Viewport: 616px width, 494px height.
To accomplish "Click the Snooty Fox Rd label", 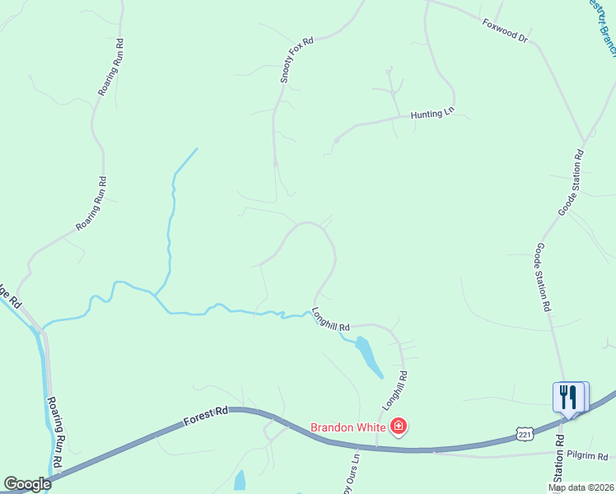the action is coord(296,59).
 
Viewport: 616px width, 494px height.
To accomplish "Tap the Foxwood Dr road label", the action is coord(504,30).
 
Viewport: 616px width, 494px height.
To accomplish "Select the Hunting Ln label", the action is coord(432,116).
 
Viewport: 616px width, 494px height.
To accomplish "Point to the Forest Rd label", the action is coord(205,416).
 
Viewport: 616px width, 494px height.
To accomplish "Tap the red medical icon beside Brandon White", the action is coord(399,426).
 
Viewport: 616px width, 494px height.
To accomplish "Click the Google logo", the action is coord(26,484).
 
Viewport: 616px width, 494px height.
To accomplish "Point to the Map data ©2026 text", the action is coord(581,487).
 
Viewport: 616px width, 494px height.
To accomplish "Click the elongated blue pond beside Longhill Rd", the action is coord(367,356).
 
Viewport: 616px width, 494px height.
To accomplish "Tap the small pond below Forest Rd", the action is coord(240,479).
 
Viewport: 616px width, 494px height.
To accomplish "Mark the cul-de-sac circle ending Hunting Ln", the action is coord(337,140).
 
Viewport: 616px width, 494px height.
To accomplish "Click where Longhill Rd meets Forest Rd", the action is coord(377,449).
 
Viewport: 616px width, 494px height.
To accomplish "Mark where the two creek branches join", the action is coord(154,294).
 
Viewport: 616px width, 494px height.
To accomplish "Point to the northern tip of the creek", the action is coord(197,148).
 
